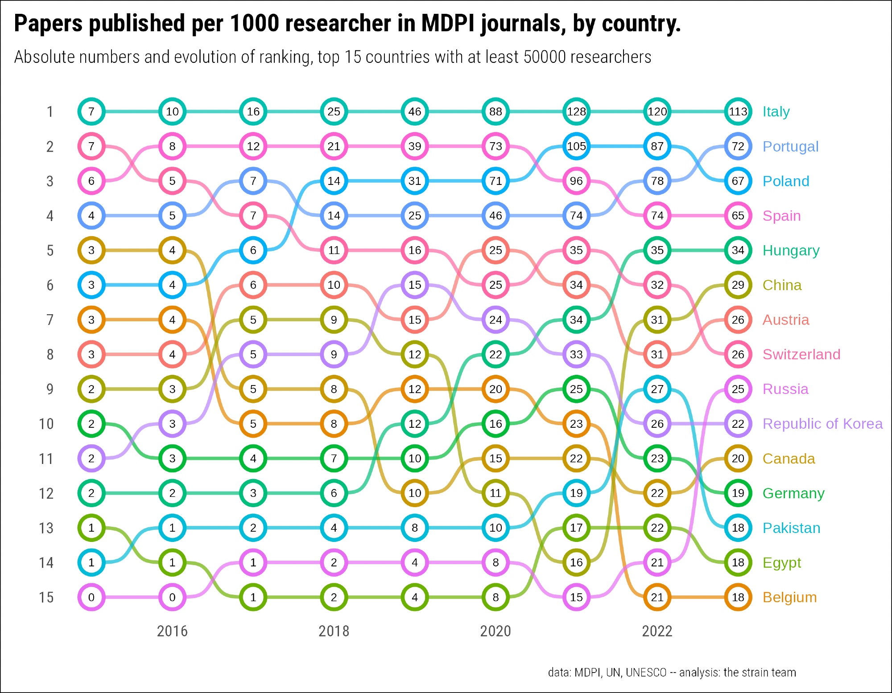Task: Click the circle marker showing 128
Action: pyautogui.click(x=576, y=111)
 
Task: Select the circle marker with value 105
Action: pyautogui.click(x=576, y=146)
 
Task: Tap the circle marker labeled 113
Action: pyautogui.click(x=738, y=111)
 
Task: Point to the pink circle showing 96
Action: pyautogui.click(x=576, y=181)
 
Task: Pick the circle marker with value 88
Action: pyautogui.click(x=496, y=111)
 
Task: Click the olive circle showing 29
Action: pyautogui.click(x=738, y=285)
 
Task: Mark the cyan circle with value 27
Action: pyautogui.click(x=657, y=389)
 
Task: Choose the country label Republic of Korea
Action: pyautogui.click(x=822, y=424)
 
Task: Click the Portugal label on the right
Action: pyautogui.click(x=790, y=146)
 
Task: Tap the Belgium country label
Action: pyautogui.click(x=789, y=597)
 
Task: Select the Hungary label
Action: pyautogui.click(x=791, y=250)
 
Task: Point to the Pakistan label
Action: pyautogui.click(x=791, y=528)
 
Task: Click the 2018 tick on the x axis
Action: pyautogui.click(x=334, y=631)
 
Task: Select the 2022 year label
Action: pyautogui.click(x=657, y=631)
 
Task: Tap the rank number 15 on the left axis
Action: pyautogui.click(x=46, y=597)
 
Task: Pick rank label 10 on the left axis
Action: pyautogui.click(x=46, y=424)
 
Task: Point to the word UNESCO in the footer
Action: pyautogui.click(x=646, y=672)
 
